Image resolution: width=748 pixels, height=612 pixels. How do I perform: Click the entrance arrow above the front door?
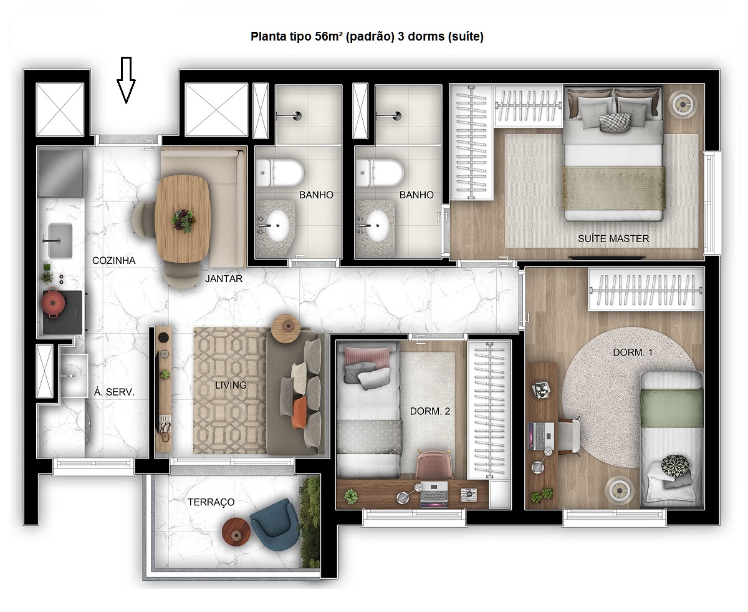tap(127, 79)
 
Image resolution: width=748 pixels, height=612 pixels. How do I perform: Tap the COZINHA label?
tap(113, 261)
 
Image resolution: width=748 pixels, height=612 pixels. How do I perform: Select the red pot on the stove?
tap(54, 304)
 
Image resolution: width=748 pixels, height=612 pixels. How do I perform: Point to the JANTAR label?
tap(224, 279)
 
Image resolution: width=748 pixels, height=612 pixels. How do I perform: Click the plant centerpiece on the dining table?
tap(183, 220)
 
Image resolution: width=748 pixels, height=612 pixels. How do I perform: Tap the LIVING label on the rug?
tap(231, 385)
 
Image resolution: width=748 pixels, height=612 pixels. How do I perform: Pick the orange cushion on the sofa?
tap(300, 412)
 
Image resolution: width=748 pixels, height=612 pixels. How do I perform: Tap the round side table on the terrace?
tap(236, 533)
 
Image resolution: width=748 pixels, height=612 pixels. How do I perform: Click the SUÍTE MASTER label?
tap(613, 238)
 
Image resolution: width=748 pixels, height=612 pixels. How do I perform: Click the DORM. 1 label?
tap(633, 352)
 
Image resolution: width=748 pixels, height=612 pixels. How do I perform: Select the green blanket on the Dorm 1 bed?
tap(672, 409)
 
